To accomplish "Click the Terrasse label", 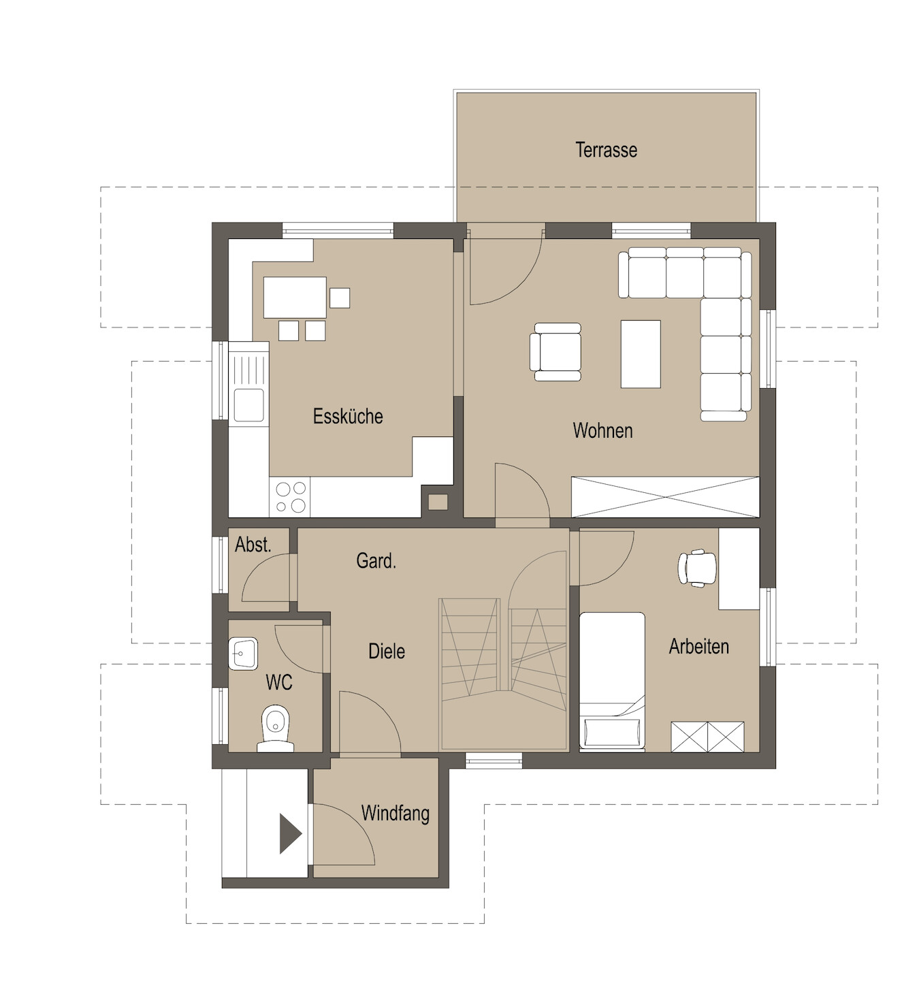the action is click(606, 150).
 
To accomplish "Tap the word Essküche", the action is click(348, 417).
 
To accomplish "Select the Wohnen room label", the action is click(602, 430).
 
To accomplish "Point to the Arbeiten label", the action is click(698, 647).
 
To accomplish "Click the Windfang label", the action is click(395, 814).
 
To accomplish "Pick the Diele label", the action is click(387, 651).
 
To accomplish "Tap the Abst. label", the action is click(253, 545).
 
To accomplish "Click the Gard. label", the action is click(376, 560).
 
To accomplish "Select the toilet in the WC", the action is click(275, 728).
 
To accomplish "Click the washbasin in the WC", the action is click(243, 654).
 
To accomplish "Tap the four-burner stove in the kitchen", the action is click(290, 497).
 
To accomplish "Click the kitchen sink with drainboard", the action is click(248, 384).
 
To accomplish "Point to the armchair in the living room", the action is click(555, 352).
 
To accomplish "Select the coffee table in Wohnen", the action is click(641, 354).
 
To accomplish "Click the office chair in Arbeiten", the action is click(697, 568).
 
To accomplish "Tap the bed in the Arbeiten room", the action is click(612, 682).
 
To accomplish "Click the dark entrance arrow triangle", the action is click(290, 834).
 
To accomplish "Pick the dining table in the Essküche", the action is click(295, 298).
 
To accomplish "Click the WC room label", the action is click(279, 682).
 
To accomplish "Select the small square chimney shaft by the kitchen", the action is click(438, 502).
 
